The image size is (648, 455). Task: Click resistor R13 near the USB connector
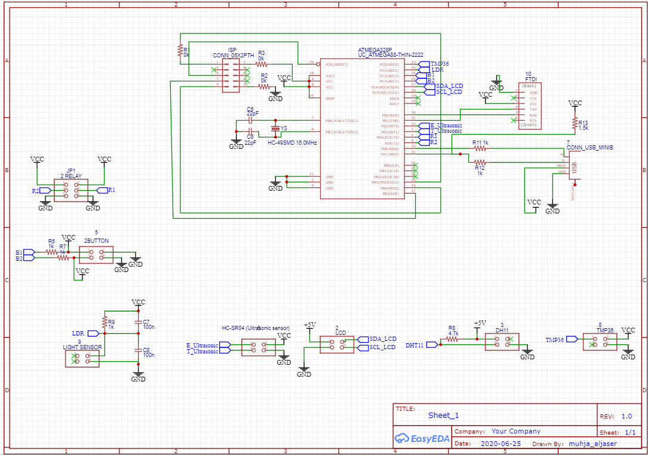(x=575, y=123)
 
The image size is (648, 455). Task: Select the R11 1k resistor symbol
(x=480, y=148)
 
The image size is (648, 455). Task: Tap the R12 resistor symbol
(x=480, y=162)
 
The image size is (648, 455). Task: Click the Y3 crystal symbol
(x=275, y=128)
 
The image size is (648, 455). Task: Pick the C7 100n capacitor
(x=139, y=321)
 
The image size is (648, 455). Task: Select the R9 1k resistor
(x=105, y=322)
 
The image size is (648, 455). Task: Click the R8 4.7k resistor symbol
(x=453, y=339)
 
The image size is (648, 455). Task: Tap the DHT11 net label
(x=414, y=345)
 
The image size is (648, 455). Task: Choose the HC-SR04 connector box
(x=259, y=347)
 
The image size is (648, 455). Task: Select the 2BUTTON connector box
(x=96, y=255)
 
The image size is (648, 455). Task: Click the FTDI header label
(x=530, y=79)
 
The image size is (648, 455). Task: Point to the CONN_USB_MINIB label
(x=590, y=147)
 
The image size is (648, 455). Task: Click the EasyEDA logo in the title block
(x=420, y=438)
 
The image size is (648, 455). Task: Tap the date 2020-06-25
(x=500, y=444)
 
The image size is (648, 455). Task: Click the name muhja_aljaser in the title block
(x=592, y=444)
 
